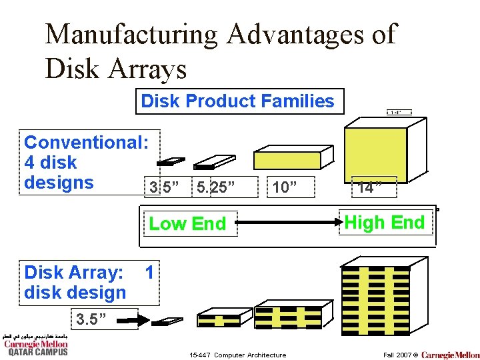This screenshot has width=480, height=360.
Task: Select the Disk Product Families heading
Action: tap(237, 101)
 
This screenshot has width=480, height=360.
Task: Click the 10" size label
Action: tap(284, 187)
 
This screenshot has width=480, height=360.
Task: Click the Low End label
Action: tap(187, 224)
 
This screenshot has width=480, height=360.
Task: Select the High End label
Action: tap(385, 223)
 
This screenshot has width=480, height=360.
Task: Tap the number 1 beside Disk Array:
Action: tap(149, 272)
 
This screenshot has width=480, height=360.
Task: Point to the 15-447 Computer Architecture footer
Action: tap(238, 355)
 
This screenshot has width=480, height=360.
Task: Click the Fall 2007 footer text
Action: tap(399, 355)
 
